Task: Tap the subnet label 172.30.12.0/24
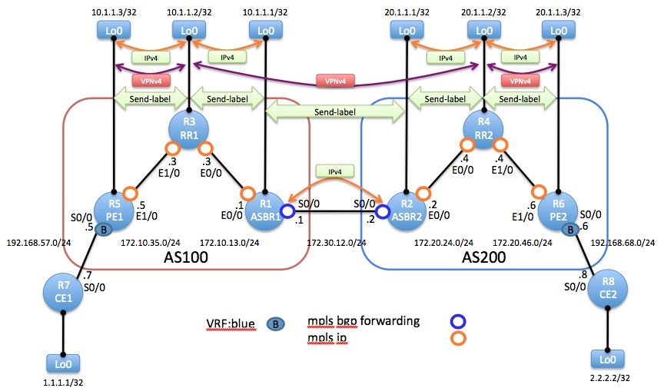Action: pos(336,243)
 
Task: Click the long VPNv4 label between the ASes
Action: pos(333,81)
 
